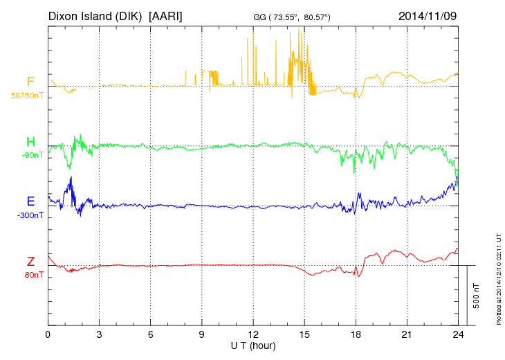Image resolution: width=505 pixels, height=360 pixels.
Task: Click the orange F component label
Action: point(30,82)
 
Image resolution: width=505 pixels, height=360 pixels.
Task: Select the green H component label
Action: point(30,142)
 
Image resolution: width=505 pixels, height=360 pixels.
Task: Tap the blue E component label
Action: point(30,201)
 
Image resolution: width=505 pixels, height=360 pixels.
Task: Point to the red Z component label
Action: point(30,261)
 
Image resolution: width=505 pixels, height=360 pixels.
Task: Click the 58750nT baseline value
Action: point(27,96)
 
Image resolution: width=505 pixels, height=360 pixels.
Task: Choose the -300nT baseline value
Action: point(30,215)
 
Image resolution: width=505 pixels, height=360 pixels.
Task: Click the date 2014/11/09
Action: point(428,15)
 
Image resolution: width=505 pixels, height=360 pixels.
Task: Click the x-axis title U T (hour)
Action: point(253,345)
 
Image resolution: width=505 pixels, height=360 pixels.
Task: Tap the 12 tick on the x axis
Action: point(253,334)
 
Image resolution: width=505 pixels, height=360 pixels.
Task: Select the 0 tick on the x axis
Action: point(48,334)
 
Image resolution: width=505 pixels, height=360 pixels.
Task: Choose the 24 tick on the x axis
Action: point(458,334)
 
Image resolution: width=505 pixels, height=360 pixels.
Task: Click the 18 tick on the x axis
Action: point(356,334)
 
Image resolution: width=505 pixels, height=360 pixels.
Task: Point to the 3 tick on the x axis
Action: point(99,334)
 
